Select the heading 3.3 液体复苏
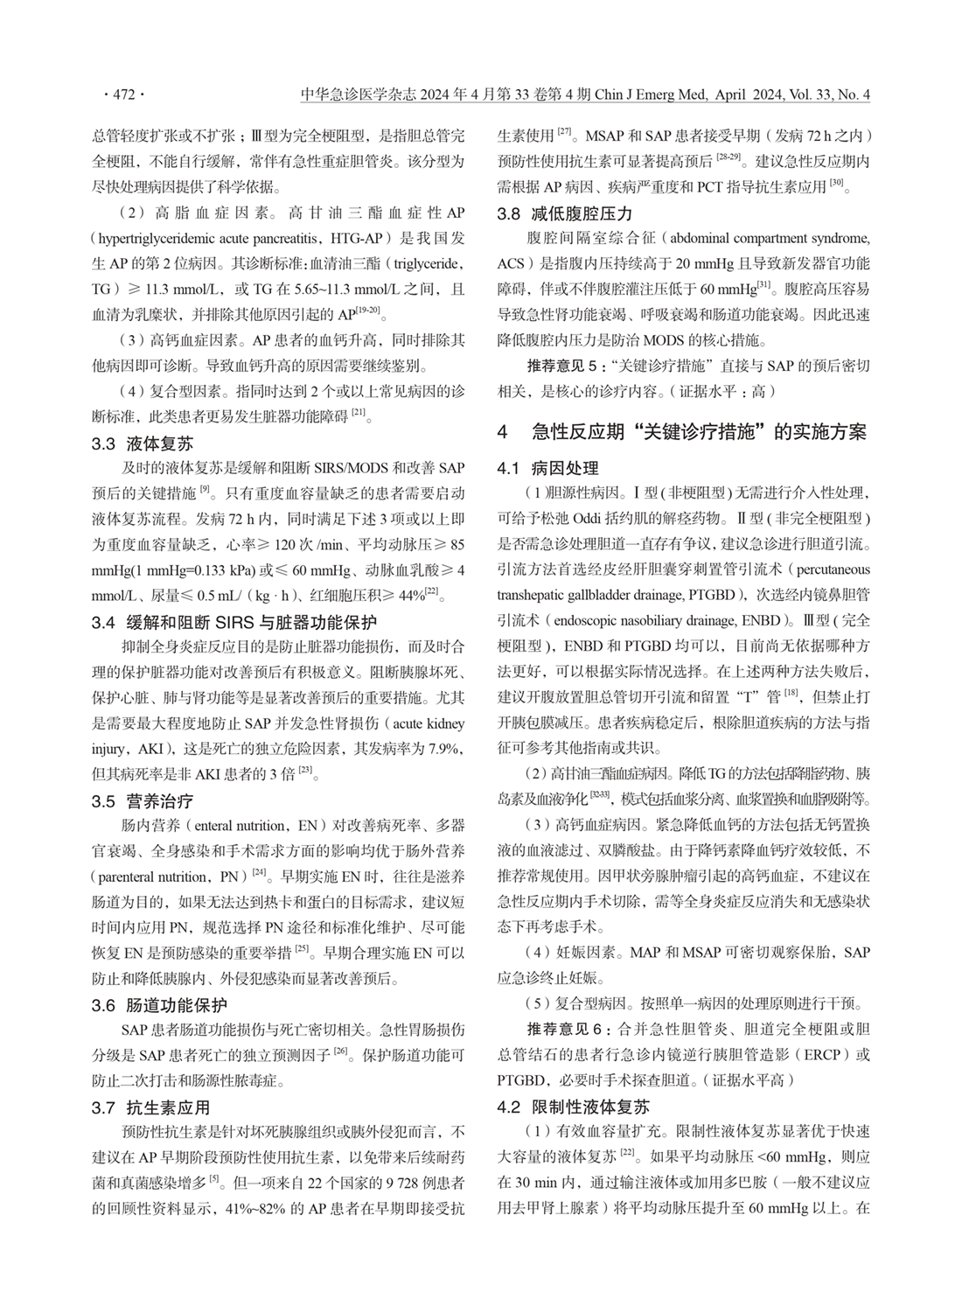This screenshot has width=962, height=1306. point(143,444)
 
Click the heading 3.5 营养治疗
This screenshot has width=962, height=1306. point(143,800)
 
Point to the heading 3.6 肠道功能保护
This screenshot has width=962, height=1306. point(159,1005)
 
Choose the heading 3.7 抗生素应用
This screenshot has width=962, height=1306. point(150,1108)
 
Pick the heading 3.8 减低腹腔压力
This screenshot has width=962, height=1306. point(564,213)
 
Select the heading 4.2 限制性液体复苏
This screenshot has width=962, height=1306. point(573,1107)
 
